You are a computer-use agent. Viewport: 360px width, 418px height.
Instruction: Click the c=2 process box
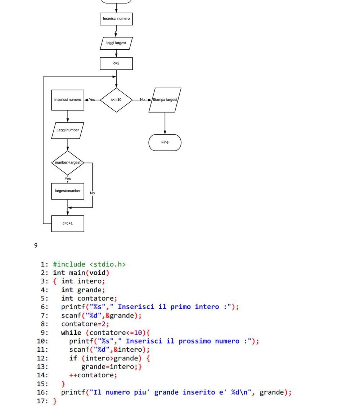coord(116,63)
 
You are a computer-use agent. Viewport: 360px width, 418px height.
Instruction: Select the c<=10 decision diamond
coord(116,100)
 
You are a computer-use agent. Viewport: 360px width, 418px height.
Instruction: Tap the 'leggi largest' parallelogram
coord(116,43)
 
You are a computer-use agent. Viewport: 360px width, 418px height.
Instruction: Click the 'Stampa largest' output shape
coord(165,100)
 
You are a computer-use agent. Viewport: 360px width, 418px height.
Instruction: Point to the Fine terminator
coord(165,143)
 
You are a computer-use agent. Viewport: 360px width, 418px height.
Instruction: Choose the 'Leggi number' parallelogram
coord(68,130)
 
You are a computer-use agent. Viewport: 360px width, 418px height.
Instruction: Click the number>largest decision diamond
coord(68,163)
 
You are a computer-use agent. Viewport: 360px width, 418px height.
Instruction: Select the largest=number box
coord(68,191)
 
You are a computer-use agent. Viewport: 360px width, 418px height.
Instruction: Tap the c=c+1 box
coord(68,224)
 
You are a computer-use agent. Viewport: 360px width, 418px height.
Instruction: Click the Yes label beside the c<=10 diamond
coord(92,100)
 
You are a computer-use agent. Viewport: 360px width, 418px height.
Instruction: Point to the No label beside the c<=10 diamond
coord(142,100)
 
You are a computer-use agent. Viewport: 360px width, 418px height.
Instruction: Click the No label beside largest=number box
coord(92,193)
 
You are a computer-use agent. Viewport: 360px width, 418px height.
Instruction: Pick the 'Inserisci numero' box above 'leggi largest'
coord(116,19)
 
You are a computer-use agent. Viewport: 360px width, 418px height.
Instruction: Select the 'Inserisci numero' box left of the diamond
coord(68,100)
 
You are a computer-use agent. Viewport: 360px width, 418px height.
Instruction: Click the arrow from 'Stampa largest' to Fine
coord(165,123)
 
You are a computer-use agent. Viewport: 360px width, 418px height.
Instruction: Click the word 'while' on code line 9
coord(71,333)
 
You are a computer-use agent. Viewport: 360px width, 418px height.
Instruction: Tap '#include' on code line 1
coord(69,265)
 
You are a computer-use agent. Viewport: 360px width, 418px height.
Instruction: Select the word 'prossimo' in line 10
coord(194,341)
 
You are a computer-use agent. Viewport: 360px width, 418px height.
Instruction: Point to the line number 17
coord(42,401)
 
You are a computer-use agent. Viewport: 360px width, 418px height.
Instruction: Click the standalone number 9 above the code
coord(36,245)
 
